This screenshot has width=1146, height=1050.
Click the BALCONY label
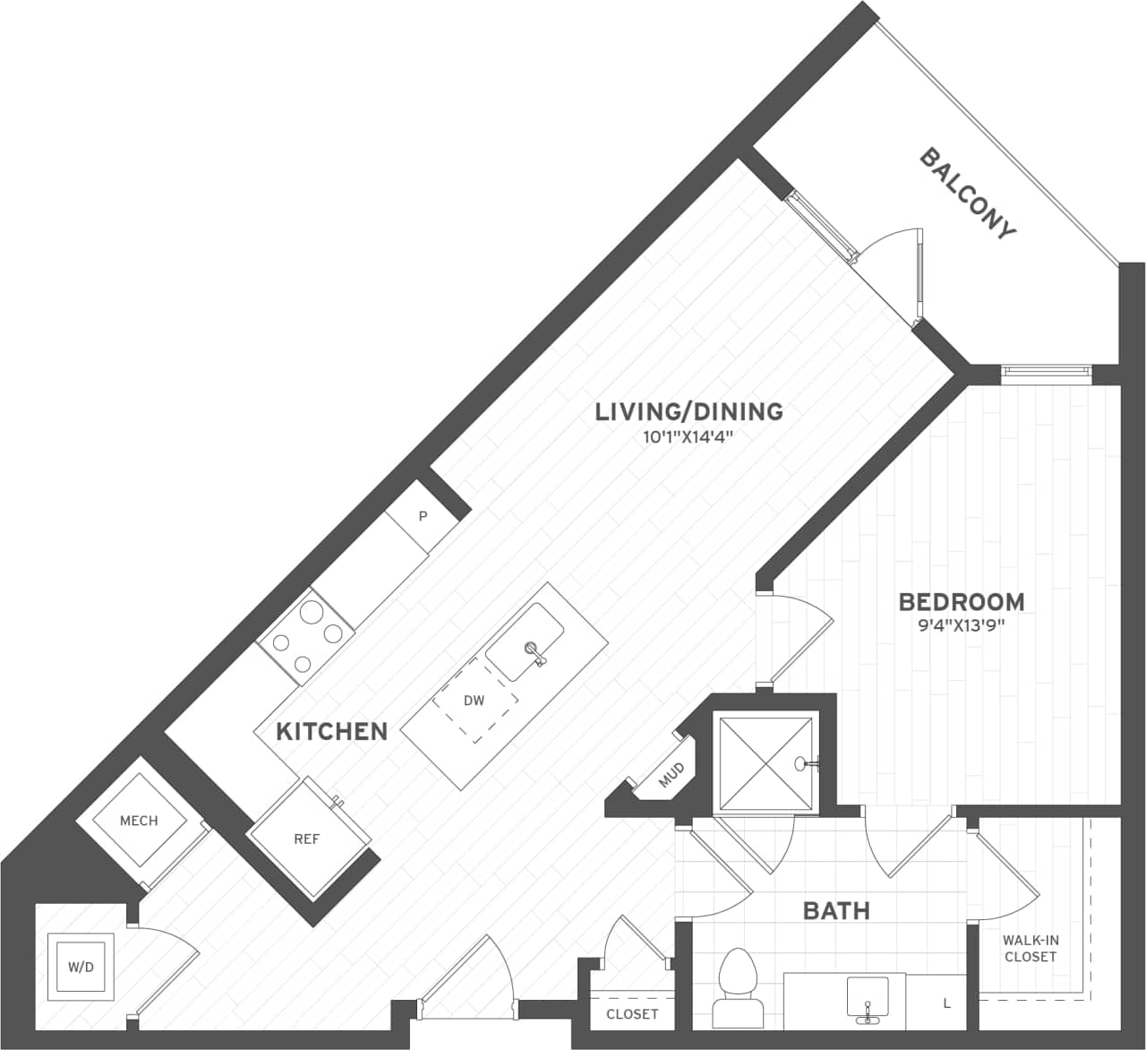(x=969, y=194)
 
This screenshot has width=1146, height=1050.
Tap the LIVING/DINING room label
(x=689, y=412)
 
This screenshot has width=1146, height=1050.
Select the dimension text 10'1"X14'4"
(x=688, y=437)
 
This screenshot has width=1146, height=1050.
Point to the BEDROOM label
(x=962, y=602)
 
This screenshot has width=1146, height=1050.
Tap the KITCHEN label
(x=331, y=732)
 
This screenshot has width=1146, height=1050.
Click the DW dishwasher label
(x=475, y=701)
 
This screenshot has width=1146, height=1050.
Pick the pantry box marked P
(x=423, y=517)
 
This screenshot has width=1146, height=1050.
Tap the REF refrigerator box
(x=307, y=839)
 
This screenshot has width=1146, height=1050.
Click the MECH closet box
(x=139, y=821)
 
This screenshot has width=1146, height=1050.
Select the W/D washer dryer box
(x=81, y=968)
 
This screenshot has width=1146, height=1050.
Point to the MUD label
(x=671, y=775)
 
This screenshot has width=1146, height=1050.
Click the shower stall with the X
(x=765, y=764)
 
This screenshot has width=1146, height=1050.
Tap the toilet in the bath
(x=738, y=985)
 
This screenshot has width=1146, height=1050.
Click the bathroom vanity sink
(x=867, y=999)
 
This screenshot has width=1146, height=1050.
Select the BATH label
(x=835, y=912)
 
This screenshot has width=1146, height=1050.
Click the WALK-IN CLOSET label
(x=1031, y=949)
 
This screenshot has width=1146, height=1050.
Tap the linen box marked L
(x=947, y=1003)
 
